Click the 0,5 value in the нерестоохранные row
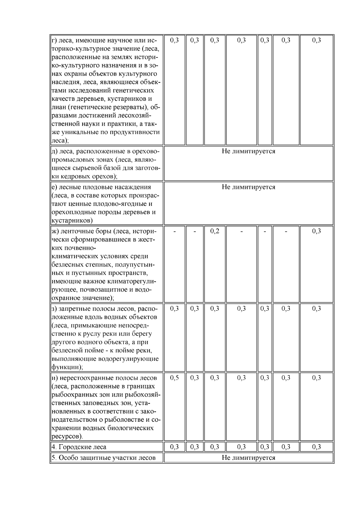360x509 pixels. point(174,378)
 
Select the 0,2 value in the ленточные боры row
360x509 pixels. point(214,231)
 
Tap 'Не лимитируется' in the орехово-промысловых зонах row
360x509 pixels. point(248,151)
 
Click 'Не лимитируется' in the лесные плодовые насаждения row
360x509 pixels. point(248,187)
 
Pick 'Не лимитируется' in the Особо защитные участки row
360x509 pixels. point(248,458)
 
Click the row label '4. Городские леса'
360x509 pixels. point(79,447)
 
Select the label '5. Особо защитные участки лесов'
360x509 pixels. point(103,458)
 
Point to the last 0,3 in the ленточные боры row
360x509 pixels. point(316,231)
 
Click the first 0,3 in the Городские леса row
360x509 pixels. point(174,447)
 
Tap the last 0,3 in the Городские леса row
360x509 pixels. point(316,447)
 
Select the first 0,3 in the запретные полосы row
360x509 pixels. point(174,309)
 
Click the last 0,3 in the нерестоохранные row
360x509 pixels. point(316,378)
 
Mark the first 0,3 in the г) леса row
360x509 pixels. point(174,40)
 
